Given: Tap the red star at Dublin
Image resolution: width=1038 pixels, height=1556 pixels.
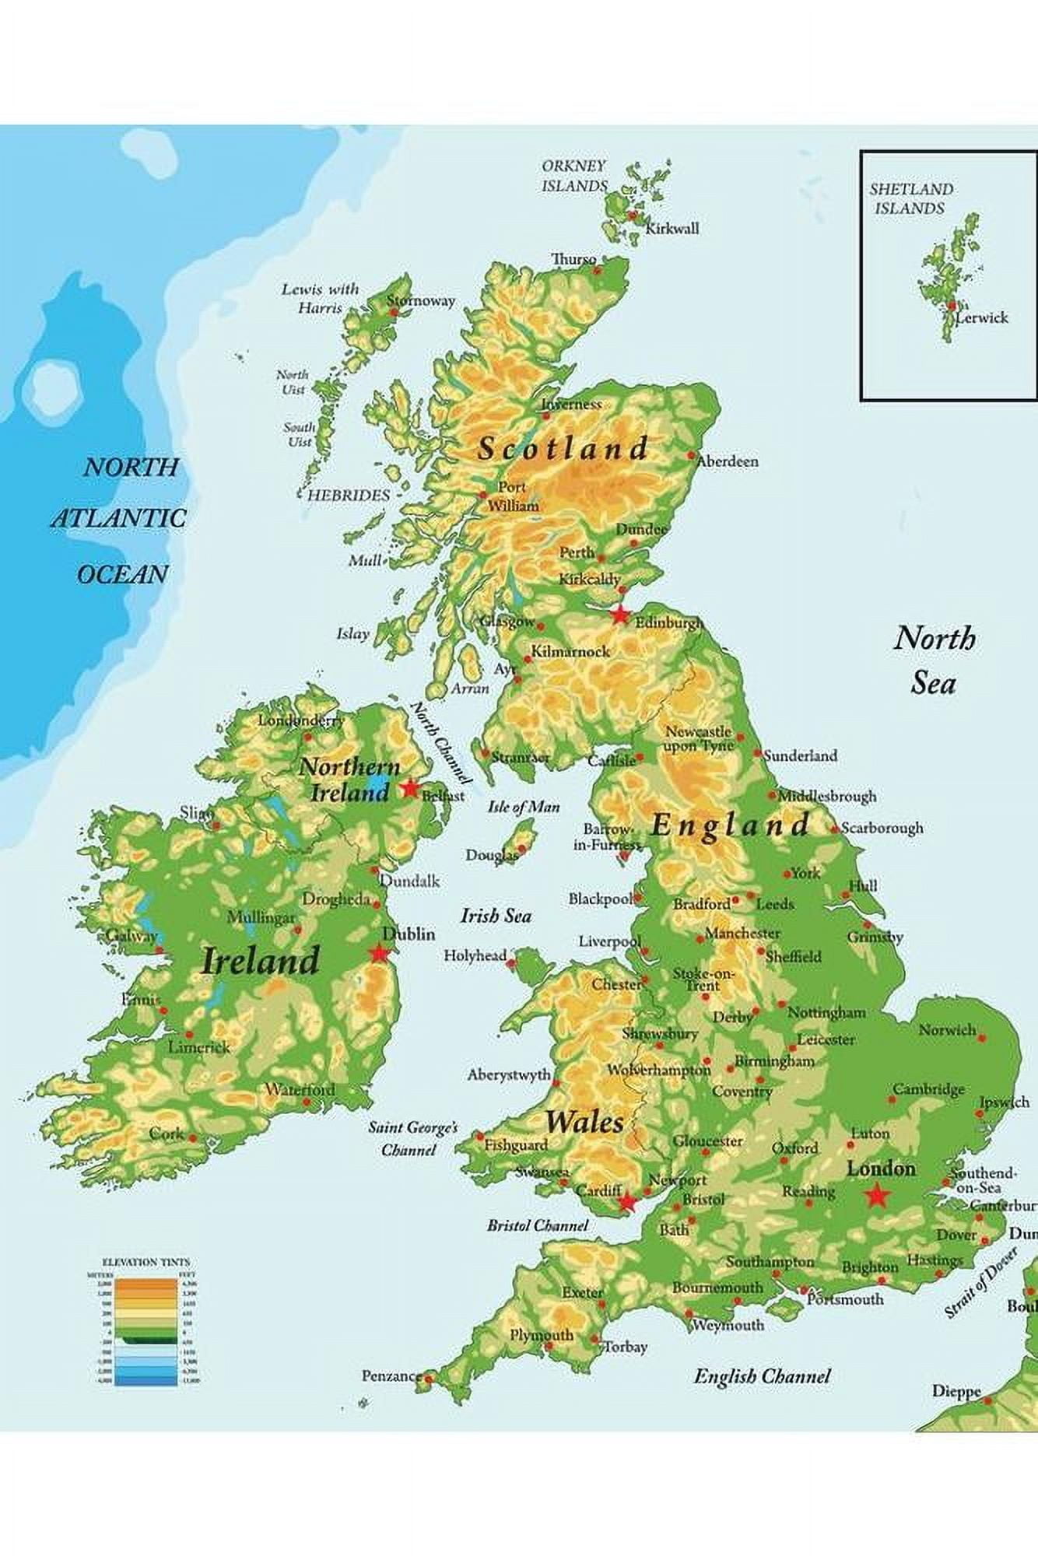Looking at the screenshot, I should [x=380, y=952].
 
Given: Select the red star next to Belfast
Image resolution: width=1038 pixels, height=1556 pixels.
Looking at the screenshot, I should [x=410, y=788].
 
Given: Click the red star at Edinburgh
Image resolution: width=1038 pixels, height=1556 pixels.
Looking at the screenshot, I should [x=619, y=615].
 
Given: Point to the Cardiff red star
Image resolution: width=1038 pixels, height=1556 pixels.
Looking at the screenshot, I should [x=626, y=1203].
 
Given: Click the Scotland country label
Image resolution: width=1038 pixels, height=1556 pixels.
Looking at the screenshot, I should [x=563, y=448].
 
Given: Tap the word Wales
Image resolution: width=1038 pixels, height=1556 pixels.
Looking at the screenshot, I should [x=584, y=1122].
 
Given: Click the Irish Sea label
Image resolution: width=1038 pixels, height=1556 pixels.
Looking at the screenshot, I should [x=496, y=916].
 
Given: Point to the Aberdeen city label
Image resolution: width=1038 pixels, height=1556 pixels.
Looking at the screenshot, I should [x=728, y=461].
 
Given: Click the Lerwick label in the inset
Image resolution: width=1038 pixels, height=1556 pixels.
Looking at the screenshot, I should [x=982, y=317].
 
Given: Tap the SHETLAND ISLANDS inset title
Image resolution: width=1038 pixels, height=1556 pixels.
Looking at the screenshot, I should [x=911, y=198].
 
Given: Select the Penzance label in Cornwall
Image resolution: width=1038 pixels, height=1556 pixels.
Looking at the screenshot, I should [x=391, y=1376].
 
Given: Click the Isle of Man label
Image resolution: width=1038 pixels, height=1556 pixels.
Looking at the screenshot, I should [x=523, y=808].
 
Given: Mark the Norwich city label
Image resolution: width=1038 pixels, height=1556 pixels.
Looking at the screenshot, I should [x=947, y=1030].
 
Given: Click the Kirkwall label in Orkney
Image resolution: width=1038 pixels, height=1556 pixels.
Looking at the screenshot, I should [x=673, y=228].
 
